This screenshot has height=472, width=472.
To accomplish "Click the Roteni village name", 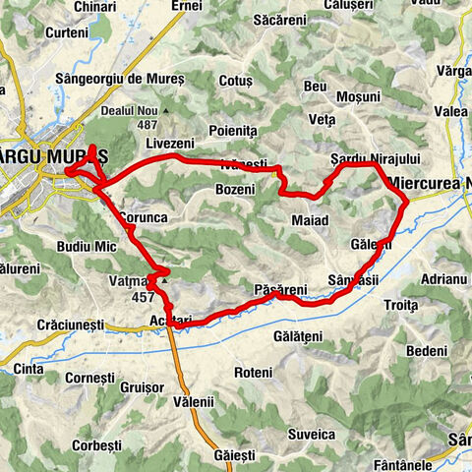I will pos(254,373).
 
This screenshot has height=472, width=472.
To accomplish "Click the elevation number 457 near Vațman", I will pos(143,297).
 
